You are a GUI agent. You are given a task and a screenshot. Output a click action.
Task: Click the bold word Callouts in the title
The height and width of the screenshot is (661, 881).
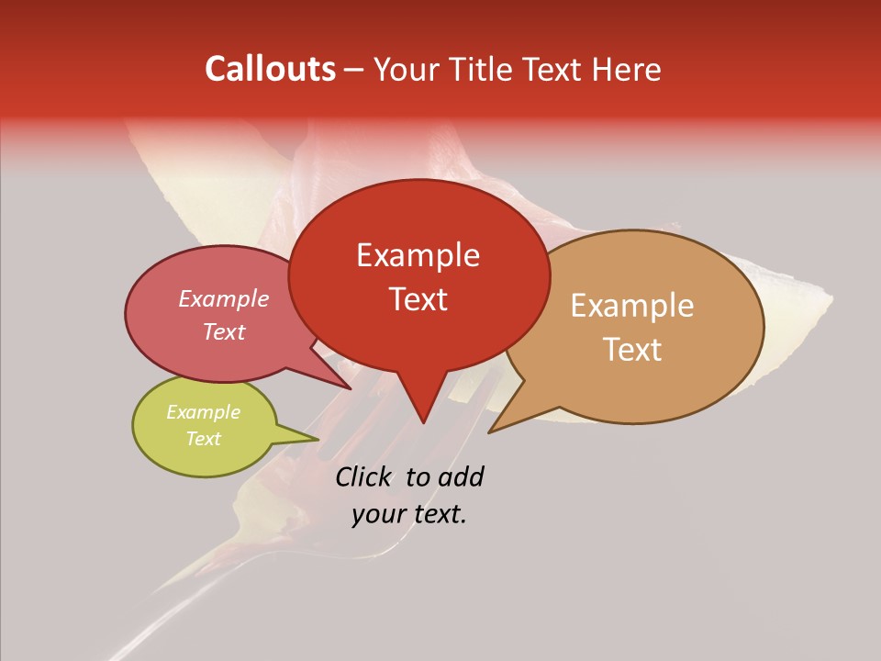(270, 69)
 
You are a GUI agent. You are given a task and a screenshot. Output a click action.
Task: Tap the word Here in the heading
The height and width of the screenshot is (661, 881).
(627, 69)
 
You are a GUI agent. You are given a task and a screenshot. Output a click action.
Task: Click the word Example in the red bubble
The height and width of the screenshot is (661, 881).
(418, 255)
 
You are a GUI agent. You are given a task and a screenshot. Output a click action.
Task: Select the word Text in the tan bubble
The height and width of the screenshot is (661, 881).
(632, 350)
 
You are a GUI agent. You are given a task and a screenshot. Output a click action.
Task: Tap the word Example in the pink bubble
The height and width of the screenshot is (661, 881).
(224, 299)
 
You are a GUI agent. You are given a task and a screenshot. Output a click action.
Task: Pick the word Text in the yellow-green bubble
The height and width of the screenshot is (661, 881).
(204, 439)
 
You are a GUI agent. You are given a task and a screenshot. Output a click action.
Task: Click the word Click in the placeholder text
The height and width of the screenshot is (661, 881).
(362, 476)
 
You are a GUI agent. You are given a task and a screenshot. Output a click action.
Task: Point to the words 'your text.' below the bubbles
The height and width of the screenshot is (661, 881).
(409, 514)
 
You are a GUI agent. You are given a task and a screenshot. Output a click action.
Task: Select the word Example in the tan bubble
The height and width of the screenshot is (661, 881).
(632, 306)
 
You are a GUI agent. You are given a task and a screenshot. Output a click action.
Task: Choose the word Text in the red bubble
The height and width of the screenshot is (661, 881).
(418, 298)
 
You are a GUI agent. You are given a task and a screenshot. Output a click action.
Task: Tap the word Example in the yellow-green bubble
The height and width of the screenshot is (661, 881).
(204, 412)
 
